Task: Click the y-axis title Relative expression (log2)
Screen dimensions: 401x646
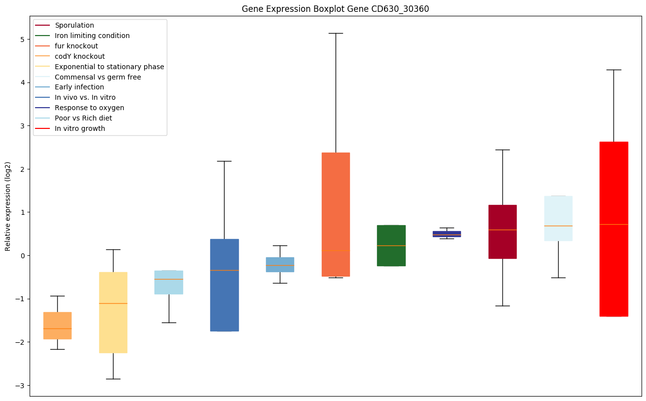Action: point(8,206)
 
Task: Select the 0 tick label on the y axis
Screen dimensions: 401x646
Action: point(23,255)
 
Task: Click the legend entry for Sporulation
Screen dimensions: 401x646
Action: point(75,25)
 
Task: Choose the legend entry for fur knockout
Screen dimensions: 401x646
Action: point(76,46)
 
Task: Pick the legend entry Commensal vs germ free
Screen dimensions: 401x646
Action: point(98,77)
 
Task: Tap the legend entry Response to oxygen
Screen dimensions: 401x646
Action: point(89,108)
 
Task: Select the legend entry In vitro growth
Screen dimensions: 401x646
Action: point(80,128)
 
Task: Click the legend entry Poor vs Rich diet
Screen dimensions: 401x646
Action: point(83,118)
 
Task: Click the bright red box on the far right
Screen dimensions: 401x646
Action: point(613,229)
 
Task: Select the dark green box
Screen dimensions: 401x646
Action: point(391,245)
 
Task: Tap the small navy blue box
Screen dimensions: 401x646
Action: point(447,234)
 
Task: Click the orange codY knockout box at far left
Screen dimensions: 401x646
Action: point(57,325)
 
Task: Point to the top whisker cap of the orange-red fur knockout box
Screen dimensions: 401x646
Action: point(336,33)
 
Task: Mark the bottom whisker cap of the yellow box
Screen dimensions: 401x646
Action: point(113,379)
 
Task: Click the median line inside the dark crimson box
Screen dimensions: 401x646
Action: point(502,230)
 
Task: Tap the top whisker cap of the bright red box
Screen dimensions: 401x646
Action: point(613,70)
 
